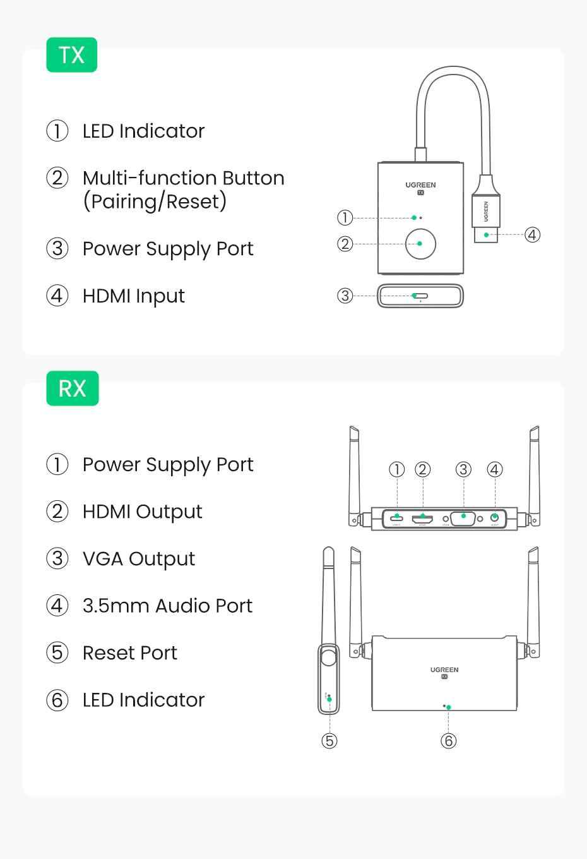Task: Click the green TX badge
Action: pos(71,55)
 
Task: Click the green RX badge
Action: pos(72,388)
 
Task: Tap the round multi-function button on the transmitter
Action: pos(420,244)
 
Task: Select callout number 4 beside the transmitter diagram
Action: pos(532,235)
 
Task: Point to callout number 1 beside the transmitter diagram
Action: pos(345,218)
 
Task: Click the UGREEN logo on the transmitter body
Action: pos(420,185)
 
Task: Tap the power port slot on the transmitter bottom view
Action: pos(420,296)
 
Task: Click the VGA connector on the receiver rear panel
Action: pos(463,518)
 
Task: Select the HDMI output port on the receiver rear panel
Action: pos(422,519)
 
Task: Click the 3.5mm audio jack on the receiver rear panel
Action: pos(495,518)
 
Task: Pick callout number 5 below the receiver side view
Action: pos(329,740)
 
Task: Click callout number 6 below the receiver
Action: pos(448,740)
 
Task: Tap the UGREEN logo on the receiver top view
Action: pos(444,670)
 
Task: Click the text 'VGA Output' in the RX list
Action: pos(139,559)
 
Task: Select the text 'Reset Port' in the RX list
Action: pos(129,653)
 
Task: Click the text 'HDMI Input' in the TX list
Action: pos(133,296)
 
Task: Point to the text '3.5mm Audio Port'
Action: pos(167,606)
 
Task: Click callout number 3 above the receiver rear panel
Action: pos(463,469)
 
